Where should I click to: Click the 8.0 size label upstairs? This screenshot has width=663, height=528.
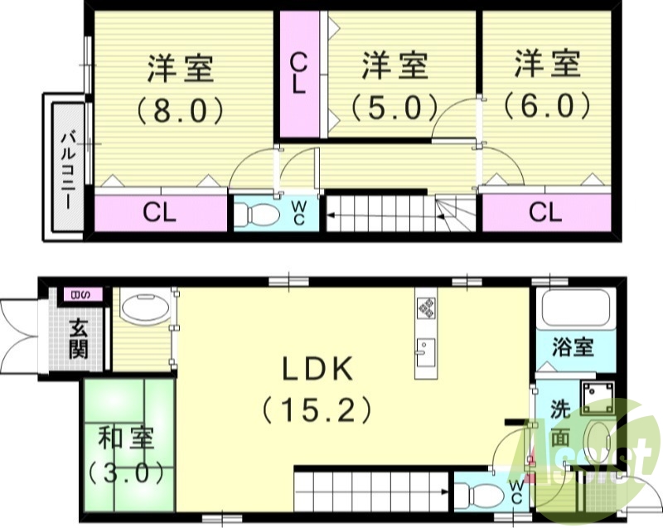[181, 109]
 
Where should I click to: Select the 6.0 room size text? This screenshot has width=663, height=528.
[546, 105]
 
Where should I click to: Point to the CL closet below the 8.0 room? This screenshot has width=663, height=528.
[160, 212]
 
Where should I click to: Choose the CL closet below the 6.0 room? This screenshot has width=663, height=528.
[545, 212]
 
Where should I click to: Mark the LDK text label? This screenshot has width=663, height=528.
[316, 370]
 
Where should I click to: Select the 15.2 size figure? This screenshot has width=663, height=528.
[316, 409]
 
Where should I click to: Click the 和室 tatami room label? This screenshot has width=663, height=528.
[123, 436]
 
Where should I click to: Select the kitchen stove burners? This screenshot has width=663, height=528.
[427, 308]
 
